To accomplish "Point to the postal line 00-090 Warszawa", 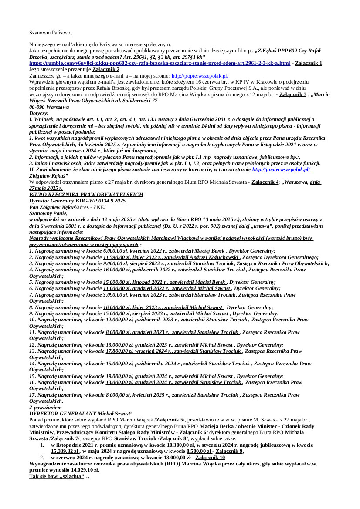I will click(49, 107).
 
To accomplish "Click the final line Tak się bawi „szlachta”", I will click(59, 477).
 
